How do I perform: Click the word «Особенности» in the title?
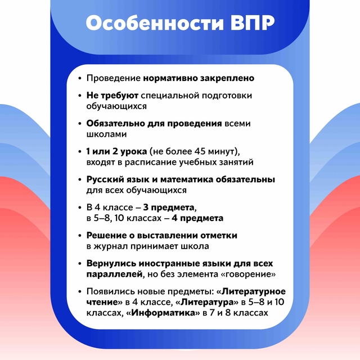pyautogui.click(x=155, y=22)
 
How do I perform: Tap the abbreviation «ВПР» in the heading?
pyautogui.click(x=253, y=23)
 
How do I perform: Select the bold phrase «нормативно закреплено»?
pyautogui.click(x=199, y=78)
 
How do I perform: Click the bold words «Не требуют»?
pyautogui.click(x=112, y=96)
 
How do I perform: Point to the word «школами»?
pyautogui.click(x=106, y=134)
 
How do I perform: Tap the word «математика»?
pyautogui.click(x=187, y=179)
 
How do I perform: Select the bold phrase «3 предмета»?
pyautogui.click(x=169, y=208)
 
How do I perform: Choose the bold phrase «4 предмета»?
pyautogui.click(x=197, y=218)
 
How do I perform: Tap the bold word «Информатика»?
pyautogui.click(x=163, y=313)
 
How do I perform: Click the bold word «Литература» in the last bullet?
pyautogui.click(x=207, y=302)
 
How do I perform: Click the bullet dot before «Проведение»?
pyautogui.click(x=80, y=79)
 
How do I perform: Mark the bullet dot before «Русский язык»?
pyautogui.click(x=80, y=180)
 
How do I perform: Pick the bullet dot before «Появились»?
pyautogui.click(x=80, y=292)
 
